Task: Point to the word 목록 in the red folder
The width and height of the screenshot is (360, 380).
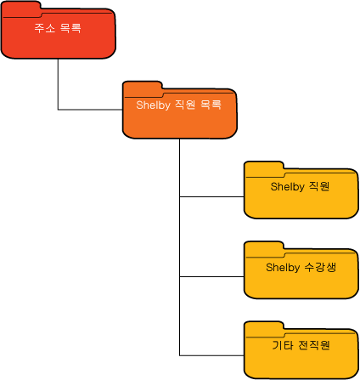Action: pos(70,28)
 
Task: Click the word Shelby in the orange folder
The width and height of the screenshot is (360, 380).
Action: pos(153,105)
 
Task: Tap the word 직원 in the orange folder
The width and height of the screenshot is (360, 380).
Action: pos(185,105)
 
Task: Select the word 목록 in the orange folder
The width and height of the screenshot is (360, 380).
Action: pos(211,105)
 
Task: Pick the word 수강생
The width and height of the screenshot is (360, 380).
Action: pos(320,267)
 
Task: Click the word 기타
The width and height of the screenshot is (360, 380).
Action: pos(283,345)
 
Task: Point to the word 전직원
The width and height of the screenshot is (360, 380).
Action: pos(314,345)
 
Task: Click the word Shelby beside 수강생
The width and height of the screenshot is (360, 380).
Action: pos(283,268)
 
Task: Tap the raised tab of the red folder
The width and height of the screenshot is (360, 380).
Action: pos(21,7)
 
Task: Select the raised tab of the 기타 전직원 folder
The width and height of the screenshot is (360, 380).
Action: pos(264,327)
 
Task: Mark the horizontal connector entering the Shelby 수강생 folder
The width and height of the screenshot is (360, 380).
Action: pos(211,276)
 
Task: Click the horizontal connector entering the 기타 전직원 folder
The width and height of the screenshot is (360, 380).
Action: pos(211,355)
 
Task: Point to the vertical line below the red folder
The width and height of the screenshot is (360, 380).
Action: pos(58,84)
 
